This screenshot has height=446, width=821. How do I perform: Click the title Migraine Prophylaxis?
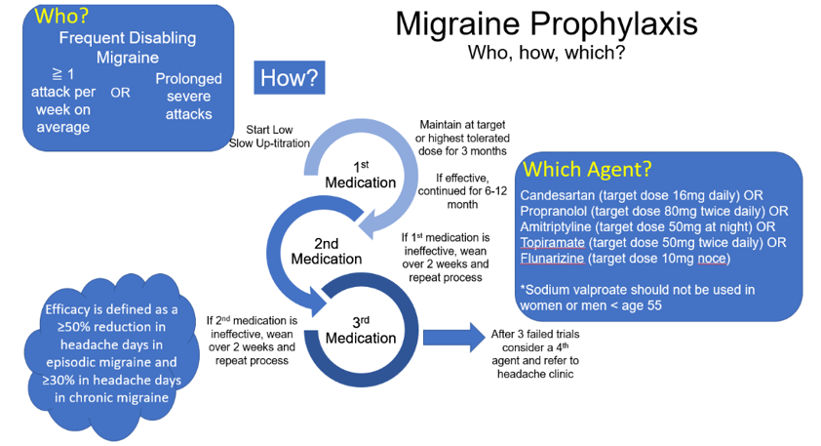(546, 24)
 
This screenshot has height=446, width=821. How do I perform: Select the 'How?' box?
(290, 78)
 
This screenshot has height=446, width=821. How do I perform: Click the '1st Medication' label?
(361, 175)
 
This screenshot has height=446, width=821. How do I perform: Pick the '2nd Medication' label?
(326, 251)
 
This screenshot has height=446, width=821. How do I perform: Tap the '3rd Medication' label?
(361, 330)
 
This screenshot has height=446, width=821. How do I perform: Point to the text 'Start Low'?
(270, 129)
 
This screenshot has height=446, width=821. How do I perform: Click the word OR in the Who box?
(120, 94)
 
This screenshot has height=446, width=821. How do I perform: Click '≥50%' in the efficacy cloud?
(75, 328)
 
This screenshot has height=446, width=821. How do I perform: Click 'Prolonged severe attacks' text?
(189, 96)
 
